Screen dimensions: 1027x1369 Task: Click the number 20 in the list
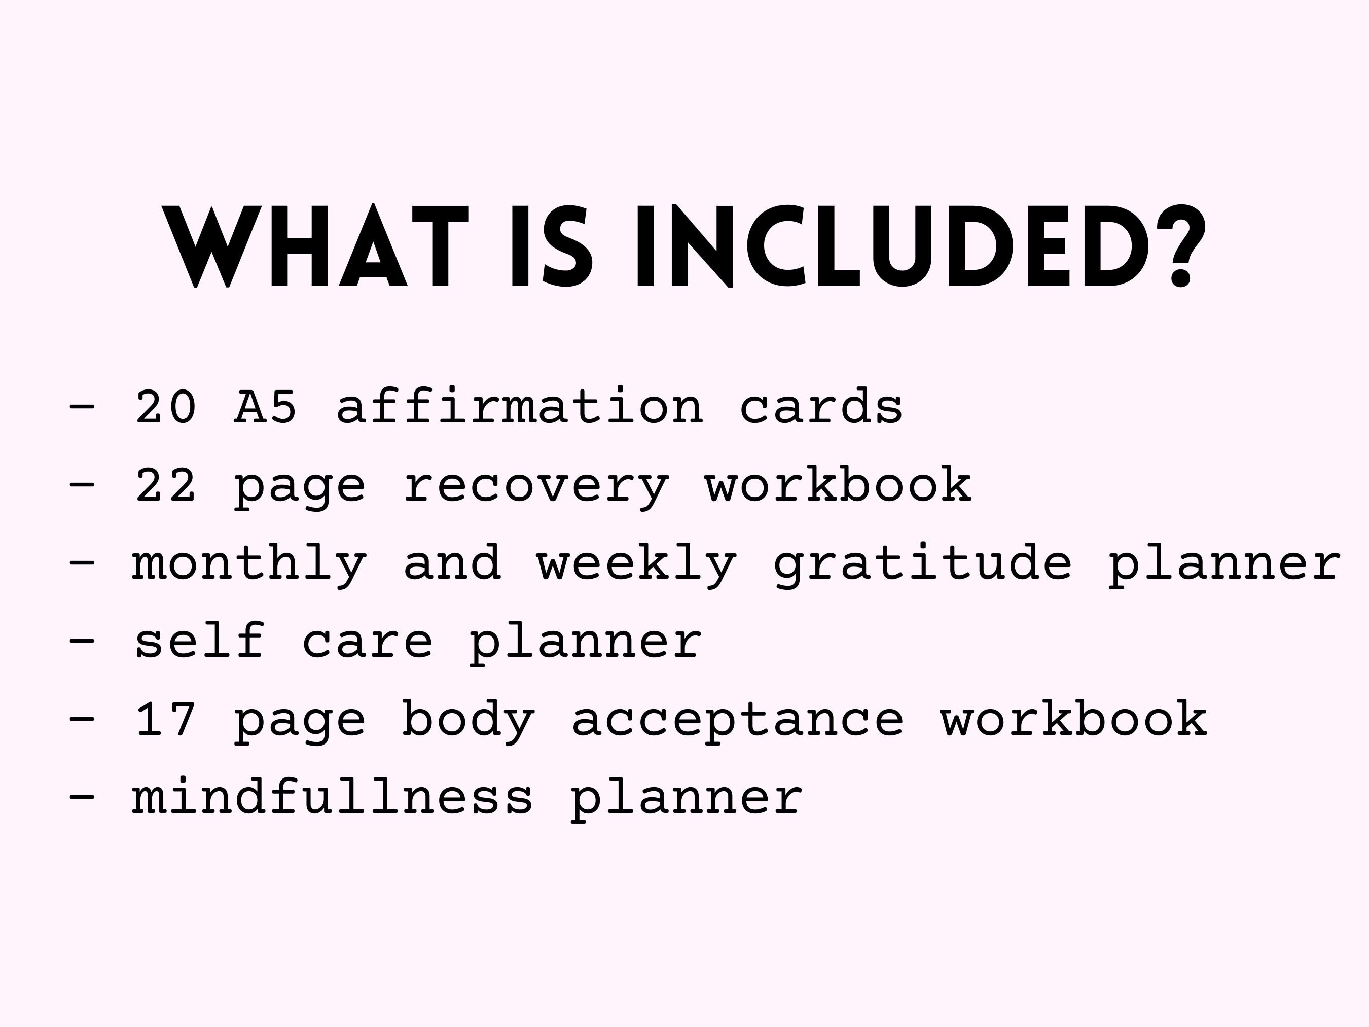(x=166, y=407)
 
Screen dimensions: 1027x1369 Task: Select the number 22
(x=166, y=485)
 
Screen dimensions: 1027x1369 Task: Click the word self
(x=199, y=642)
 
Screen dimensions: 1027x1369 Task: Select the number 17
(x=166, y=719)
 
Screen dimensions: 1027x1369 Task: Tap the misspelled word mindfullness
(x=332, y=797)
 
